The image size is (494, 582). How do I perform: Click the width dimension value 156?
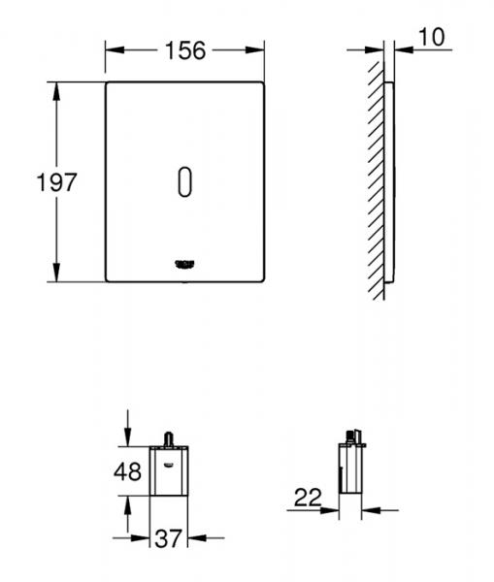(184, 49)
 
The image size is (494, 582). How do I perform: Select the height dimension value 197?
(29, 181)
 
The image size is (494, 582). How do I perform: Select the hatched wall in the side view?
(374, 175)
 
